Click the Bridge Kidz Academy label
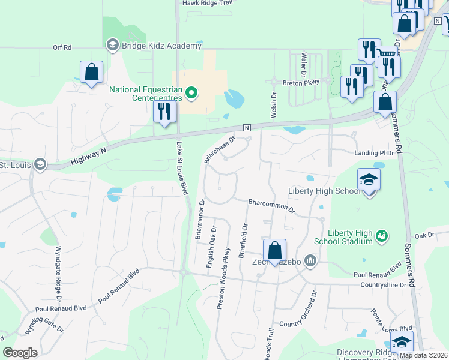pos(160,46)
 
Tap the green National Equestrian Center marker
pos(191,92)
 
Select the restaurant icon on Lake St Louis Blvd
pos(163,112)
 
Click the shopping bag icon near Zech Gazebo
pos(274,250)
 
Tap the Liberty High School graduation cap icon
pos(369,179)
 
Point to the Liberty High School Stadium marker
pos(381,237)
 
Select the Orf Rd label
pos(62,47)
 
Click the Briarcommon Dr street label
pos(271,206)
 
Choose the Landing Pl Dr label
pos(373,153)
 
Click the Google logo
pos(20,353)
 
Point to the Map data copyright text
pos(424,355)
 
